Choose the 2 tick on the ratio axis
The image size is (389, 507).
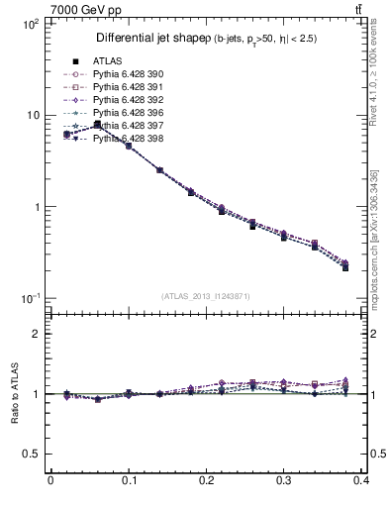point(37,334)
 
